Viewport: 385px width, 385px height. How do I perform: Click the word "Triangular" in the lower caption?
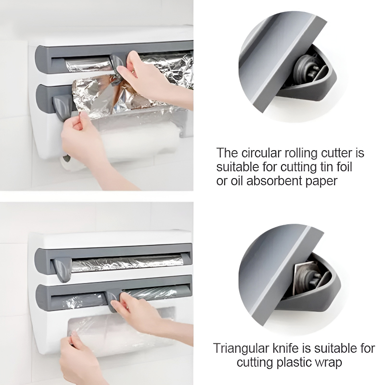point(239,348)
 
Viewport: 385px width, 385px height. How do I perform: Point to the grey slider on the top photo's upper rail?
point(116,61)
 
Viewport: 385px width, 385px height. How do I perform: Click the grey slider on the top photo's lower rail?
point(61,103)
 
